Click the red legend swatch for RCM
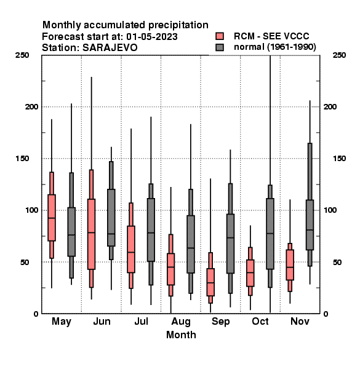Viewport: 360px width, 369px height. (220, 36)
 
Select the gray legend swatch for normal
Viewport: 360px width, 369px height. (220, 47)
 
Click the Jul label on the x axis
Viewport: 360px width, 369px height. (141, 321)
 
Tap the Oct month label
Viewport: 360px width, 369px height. (260, 321)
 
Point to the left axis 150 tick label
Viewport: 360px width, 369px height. (22, 159)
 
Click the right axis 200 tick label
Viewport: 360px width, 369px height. (330, 106)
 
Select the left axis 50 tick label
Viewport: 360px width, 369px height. (25, 262)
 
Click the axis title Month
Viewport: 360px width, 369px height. (181, 335)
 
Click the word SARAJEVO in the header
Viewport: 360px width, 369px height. (110, 48)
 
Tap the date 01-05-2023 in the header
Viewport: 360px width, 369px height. (152, 37)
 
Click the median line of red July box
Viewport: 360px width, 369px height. (131, 252)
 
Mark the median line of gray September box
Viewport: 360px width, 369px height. (230, 237)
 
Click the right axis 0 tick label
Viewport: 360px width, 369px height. (326, 314)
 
